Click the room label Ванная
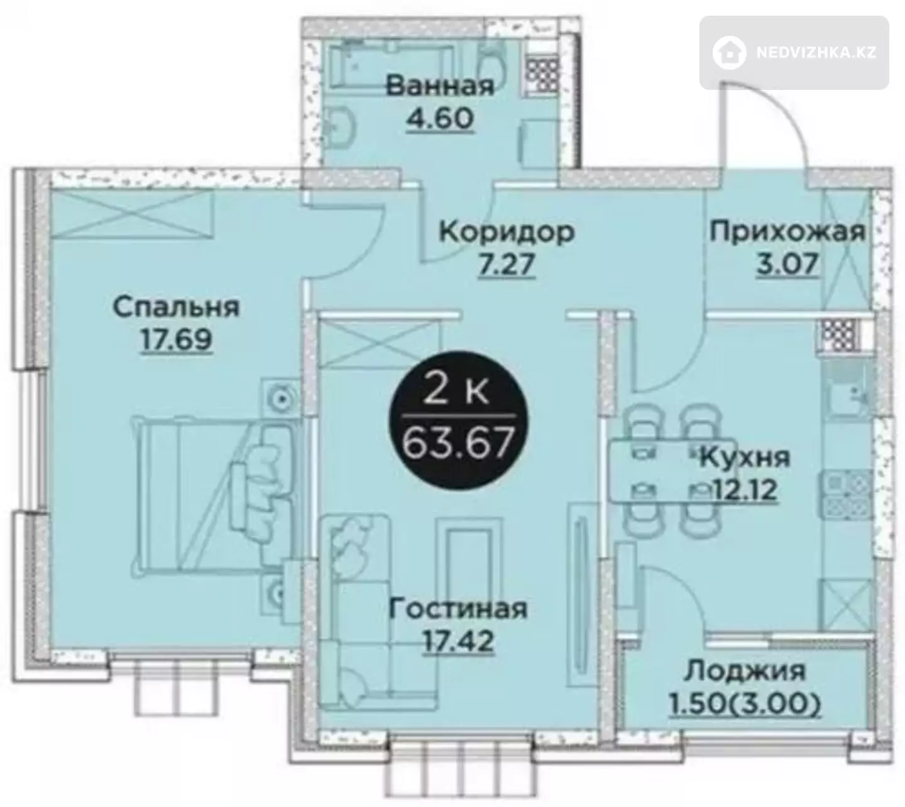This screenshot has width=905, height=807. click(440, 86)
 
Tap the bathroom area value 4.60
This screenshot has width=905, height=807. click(440, 119)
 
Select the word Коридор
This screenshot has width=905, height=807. click(507, 233)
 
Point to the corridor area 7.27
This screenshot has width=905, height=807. click(507, 265)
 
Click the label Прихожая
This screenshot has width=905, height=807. click(787, 233)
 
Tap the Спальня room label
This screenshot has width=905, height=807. click(176, 307)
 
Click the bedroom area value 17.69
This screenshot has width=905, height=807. click(176, 341)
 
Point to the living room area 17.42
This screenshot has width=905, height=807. click(458, 642)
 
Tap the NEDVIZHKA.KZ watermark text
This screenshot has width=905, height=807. click(816, 53)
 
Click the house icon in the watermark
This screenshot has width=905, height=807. click(729, 53)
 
